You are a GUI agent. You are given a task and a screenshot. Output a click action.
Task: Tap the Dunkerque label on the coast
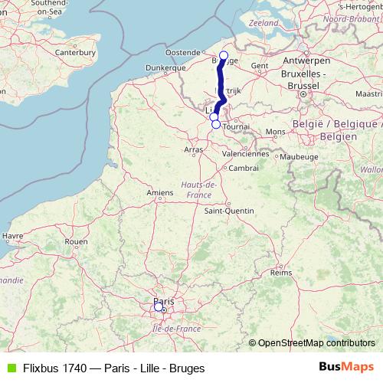tap(166, 67)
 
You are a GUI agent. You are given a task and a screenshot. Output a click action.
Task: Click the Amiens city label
tap(159, 192)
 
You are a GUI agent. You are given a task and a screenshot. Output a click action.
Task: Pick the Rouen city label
tap(76, 241)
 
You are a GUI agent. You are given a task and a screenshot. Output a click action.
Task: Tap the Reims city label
tap(282, 272)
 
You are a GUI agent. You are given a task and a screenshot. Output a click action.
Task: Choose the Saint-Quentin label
tap(224, 210)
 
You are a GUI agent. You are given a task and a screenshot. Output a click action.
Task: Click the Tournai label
tap(237, 126)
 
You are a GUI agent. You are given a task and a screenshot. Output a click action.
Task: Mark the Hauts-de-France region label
tap(198, 190)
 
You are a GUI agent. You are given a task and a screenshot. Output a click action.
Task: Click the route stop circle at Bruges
tap(224, 55)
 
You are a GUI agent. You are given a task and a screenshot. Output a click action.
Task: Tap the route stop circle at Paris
tap(159, 306)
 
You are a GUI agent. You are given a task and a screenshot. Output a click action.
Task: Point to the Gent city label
tap(260, 66)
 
